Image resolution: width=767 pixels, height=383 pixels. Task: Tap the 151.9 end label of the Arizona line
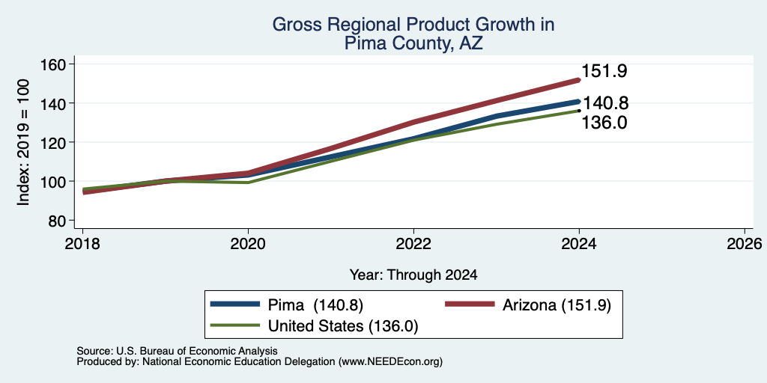pos(604,71)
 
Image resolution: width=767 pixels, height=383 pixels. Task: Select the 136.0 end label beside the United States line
pos(604,123)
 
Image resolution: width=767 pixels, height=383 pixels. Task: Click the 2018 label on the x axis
pos(82,244)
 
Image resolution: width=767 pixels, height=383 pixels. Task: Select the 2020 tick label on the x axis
pos(248,244)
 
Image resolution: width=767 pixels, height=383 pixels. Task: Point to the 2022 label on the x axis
pos(413,244)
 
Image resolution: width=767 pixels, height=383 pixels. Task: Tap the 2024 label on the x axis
pos(579,244)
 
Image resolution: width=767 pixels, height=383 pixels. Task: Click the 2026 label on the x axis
pos(745,244)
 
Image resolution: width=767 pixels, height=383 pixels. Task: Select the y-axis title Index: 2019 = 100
pos(23,142)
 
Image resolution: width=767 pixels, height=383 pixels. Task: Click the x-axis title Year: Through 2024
pos(413,275)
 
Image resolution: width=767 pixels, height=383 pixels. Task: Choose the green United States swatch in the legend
pos(234,325)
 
